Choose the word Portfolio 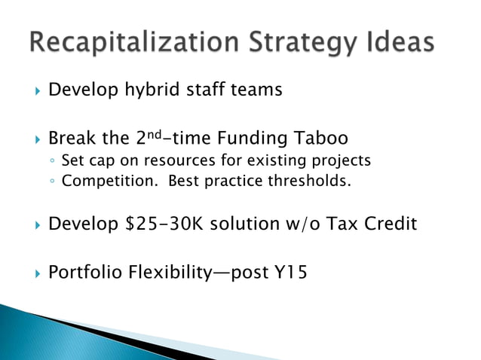point(84,271)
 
